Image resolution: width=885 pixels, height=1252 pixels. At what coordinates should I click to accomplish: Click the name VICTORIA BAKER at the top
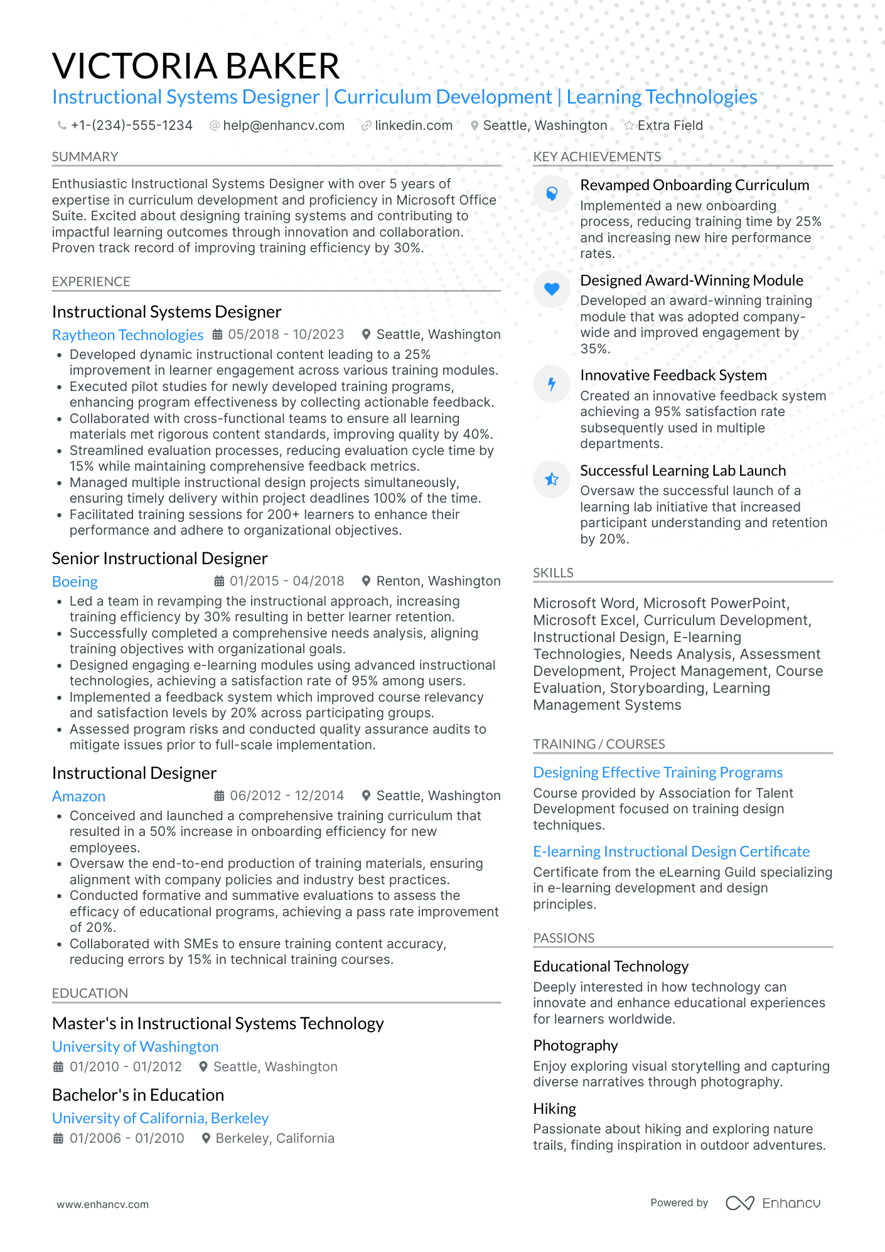pyautogui.click(x=196, y=66)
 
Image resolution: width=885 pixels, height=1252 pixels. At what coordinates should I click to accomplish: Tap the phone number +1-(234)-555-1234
pyautogui.click(x=131, y=126)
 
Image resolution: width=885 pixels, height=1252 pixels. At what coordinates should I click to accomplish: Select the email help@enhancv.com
pyautogui.click(x=284, y=126)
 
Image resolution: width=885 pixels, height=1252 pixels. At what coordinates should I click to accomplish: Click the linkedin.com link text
pyautogui.click(x=414, y=126)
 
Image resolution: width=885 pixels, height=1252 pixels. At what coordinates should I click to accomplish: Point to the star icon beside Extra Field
pyautogui.click(x=629, y=126)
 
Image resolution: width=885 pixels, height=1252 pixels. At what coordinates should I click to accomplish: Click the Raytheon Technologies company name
pyautogui.click(x=128, y=335)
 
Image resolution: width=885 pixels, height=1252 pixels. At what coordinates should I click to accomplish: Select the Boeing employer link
pyautogui.click(x=75, y=582)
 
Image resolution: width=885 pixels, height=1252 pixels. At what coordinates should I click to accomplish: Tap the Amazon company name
pyautogui.click(x=78, y=796)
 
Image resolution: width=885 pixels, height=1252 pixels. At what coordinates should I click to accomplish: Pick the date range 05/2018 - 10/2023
pyautogui.click(x=286, y=334)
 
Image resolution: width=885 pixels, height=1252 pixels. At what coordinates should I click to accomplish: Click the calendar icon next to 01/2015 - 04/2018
pyautogui.click(x=219, y=581)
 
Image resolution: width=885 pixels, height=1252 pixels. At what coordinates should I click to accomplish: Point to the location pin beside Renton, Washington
pyautogui.click(x=367, y=581)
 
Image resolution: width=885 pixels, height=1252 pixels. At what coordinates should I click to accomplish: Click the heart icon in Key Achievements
pyautogui.click(x=552, y=289)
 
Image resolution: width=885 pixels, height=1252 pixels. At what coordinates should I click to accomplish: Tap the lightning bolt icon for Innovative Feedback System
pyautogui.click(x=552, y=384)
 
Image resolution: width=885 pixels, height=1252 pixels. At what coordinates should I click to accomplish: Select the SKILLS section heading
pyautogui.click(x=553, y=573)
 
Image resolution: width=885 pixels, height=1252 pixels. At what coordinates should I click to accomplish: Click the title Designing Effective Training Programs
pyautogui.click(x=658, y=773)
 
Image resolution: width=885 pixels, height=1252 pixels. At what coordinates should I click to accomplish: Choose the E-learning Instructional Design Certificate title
pyautogui.click(x=671, y=852)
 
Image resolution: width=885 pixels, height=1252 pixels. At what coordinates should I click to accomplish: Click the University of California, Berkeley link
pyautogui.click(x=160, y=1118)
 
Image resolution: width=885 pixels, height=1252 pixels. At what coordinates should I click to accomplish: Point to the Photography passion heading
pyautogui.click(x=576, y=1046)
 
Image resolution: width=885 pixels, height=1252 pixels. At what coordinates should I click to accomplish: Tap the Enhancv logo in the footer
pyautogui.click(x=773, y=1203)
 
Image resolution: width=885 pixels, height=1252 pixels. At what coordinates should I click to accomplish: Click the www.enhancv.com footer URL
pyautogui.click(x=103, y=1205)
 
